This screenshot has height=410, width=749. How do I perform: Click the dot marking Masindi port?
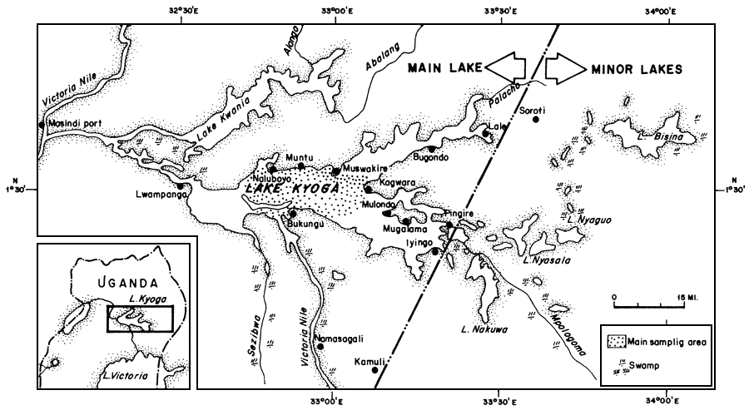coord(41,125)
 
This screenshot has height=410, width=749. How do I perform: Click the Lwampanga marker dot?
coord(181,187)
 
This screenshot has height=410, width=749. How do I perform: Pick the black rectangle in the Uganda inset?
coord(139,319)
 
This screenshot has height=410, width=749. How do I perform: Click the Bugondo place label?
coord(431,157)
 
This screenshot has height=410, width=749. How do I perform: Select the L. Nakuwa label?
coord(484,330)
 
